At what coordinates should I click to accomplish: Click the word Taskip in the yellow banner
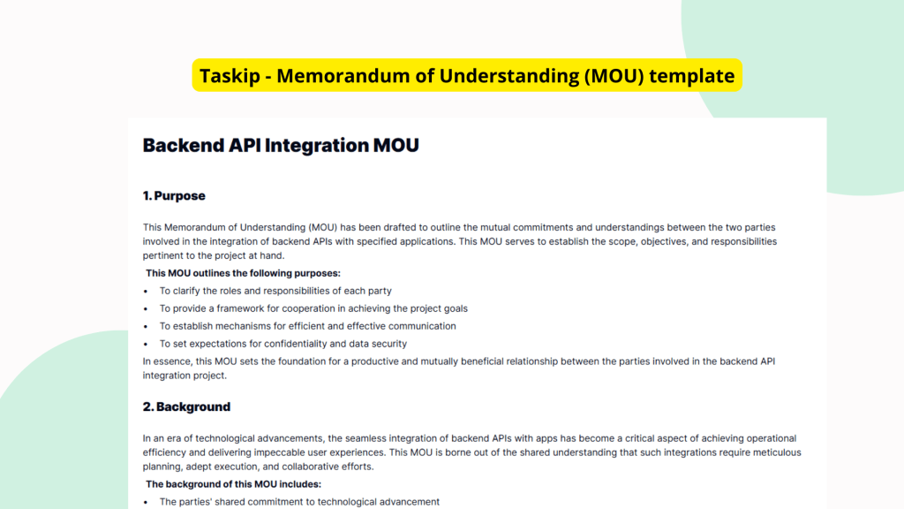227,76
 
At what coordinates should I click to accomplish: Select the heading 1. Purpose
174,195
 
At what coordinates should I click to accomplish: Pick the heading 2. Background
186,406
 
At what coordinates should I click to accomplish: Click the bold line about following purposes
243,273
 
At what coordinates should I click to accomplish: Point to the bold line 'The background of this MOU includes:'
233,484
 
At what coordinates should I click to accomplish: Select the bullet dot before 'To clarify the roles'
146,291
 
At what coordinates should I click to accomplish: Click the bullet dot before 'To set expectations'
146,344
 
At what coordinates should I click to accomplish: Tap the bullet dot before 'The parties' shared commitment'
146,502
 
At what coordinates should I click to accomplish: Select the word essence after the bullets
169,361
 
